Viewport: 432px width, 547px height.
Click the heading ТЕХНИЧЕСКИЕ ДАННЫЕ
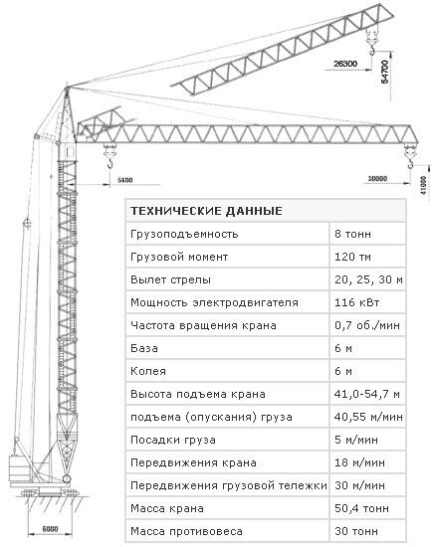click(206, 211)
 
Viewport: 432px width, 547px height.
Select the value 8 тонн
click(352, 234)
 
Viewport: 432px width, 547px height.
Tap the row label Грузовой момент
click(179, 258)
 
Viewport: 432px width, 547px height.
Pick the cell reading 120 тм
click(352, 258)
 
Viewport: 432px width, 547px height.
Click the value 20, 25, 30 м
click(368, 279)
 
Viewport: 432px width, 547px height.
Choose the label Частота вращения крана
click(203, 326)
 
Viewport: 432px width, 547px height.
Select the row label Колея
click(148, 371)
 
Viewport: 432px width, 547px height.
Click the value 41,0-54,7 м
click(367, 394)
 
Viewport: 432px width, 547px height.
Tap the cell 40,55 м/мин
click(368, 417)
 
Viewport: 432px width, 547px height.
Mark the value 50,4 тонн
click(361, 508)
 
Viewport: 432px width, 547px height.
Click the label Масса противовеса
click(186, 531)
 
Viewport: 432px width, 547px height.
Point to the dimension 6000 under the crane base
click(51, 529)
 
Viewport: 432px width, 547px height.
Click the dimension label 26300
click(345, 64)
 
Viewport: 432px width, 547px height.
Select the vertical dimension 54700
click(384, 72)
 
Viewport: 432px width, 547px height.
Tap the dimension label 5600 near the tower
click(125, 180)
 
